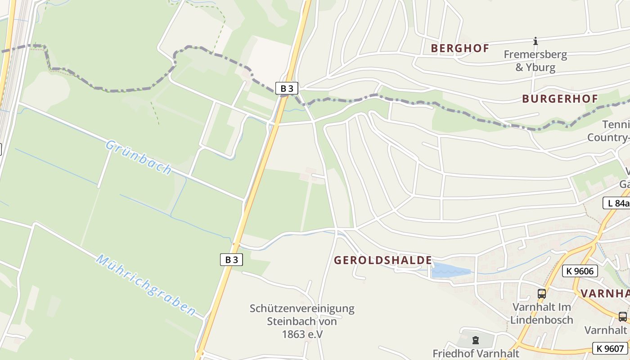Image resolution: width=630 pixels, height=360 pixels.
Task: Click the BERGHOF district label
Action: pos(460,49)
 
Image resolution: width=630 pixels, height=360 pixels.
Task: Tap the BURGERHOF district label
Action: pos(560,99)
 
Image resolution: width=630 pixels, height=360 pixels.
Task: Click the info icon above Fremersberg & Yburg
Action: pos(535,41)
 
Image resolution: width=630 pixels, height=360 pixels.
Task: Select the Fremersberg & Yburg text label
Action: pos(535,61)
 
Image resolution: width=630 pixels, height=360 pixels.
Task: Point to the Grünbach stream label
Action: pos(139,157)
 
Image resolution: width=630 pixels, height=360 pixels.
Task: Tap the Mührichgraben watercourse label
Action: pos(146,285)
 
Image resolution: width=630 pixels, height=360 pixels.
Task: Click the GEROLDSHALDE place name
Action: pos(383,260)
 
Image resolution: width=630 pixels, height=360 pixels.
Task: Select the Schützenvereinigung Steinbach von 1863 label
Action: pos(302,321)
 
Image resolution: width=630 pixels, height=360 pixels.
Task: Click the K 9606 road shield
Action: pos(580,271)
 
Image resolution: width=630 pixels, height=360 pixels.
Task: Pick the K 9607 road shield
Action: pos(610,348)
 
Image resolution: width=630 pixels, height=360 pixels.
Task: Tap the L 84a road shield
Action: pos(617,203)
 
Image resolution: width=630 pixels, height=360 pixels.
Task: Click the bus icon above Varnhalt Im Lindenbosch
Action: pos(542,294)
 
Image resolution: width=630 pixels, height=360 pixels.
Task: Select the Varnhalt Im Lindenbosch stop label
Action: pos(541,314)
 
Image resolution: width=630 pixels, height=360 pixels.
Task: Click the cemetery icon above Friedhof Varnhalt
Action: pos(476,340)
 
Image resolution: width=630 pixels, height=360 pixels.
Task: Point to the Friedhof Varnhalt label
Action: pos(476,354)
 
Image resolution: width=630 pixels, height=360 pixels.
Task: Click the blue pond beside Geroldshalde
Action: pos(450,271)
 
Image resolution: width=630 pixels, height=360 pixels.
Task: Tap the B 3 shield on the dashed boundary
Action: pos(287,88)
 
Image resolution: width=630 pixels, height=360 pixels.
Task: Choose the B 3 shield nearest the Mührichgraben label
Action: pos(231,260)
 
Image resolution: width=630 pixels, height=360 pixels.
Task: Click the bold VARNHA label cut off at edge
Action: pos(605,293)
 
